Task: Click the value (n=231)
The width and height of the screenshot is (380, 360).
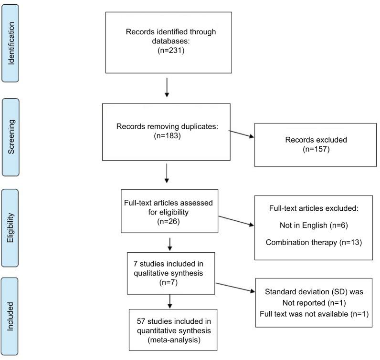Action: pos(170,49)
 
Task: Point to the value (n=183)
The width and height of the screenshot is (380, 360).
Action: pos(167,135)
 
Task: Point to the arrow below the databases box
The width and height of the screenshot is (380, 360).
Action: pos(167,88)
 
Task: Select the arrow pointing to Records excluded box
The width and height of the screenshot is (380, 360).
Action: pos(243,136)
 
